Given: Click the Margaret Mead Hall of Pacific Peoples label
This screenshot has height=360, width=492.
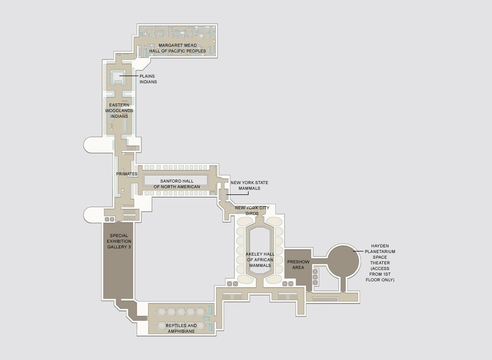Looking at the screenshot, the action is pos(178,48).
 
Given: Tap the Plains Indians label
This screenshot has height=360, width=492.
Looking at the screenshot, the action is pos(148,79).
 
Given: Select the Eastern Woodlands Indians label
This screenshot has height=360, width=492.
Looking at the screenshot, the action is pos(119,111).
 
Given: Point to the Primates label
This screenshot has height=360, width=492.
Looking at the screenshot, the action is pos(127,174).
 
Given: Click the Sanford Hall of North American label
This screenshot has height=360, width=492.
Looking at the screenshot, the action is pos(177,184).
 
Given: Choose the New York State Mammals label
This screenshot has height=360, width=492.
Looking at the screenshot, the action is pos(250,185).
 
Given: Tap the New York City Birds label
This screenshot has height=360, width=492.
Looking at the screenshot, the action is pos(252,210).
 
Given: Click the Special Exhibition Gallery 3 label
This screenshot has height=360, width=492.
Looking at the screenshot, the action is pos(119,241).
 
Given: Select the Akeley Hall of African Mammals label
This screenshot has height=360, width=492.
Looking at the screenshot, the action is pos(260,260).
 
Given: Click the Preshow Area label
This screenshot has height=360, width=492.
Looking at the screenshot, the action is pos(298,264).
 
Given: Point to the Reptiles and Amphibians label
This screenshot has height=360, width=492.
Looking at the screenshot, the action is pos(181,328).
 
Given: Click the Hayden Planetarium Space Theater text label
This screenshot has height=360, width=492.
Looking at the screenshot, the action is pos(380,255).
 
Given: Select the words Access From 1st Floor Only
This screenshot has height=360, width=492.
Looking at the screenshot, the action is pos(380,274).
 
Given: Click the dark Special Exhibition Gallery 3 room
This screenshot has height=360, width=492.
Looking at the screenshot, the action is pos(118,261).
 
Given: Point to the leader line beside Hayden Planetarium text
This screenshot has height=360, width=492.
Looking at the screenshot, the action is pos(358,251).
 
